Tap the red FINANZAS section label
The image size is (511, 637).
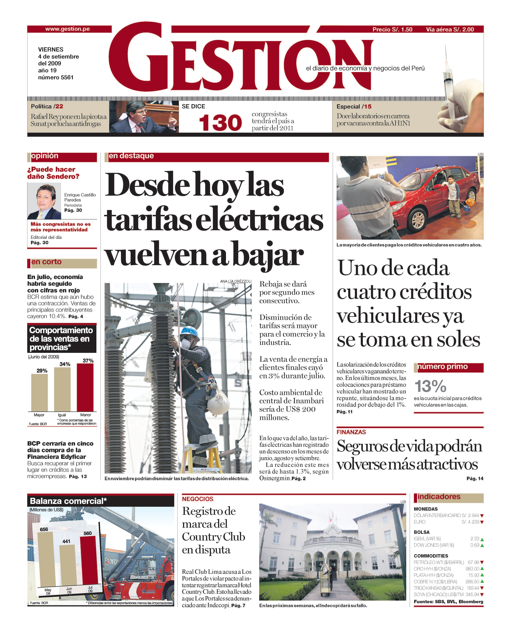coord(351,432)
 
